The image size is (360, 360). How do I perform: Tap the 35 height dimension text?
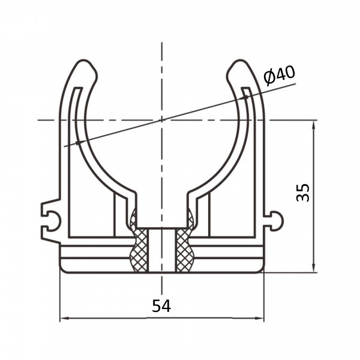coord(303,193)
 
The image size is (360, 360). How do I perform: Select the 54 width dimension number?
coord(161,306)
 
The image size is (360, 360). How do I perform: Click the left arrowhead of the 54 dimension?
coord(64,318)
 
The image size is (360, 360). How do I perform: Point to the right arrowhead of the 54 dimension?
coord(259,318)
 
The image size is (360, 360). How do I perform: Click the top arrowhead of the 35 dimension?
coord(314,125)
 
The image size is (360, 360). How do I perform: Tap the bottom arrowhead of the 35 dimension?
coord(314,268)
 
